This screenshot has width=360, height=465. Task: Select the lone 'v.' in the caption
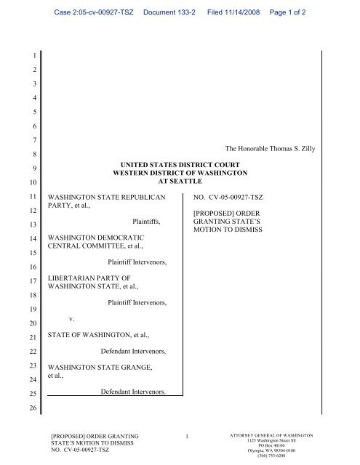click(71, 318)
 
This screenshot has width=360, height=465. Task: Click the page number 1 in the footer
click(186, 436)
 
